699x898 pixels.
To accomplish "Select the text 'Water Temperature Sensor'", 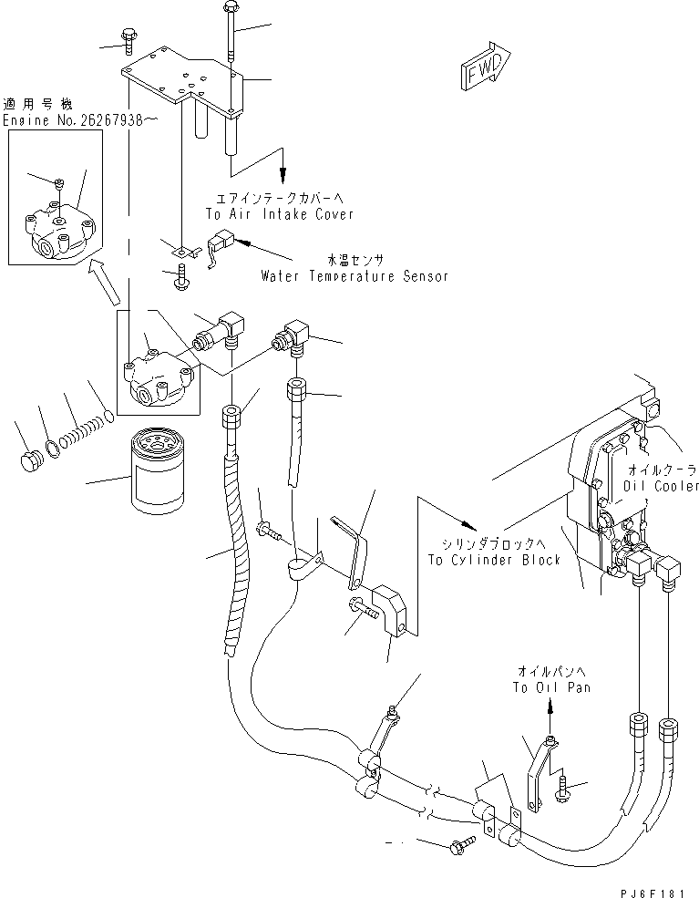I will [354, 275].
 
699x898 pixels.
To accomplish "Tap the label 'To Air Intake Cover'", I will [279, 213].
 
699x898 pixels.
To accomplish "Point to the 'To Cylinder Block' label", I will [495, 559].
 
